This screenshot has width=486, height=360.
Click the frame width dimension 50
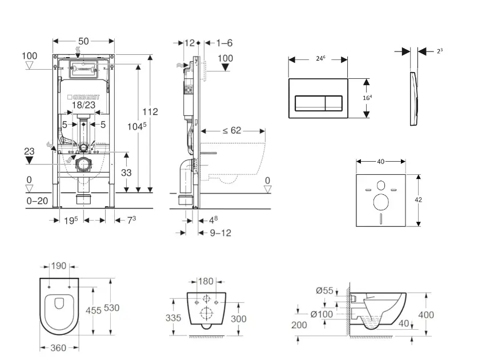(x=83, y=42)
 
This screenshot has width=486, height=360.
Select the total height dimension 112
(x=150, y=111)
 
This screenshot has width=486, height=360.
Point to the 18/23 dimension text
(x=84, y=106)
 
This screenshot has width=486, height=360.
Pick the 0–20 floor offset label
(x=38, y=201)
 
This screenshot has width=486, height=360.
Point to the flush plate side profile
(x=414, y=99)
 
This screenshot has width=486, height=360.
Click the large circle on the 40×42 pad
(x=380, y=202)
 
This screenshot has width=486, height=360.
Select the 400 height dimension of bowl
(x=425, y=315)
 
